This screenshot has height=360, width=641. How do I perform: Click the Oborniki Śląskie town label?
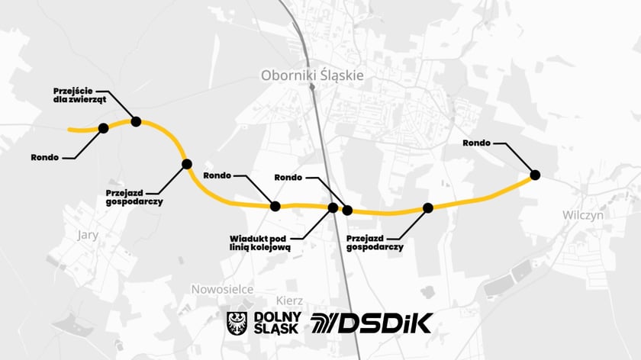click(312, 75)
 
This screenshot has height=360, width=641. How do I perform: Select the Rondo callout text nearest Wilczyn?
click(476, 143)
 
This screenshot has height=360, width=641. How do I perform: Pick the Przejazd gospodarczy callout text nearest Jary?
click(134, 198)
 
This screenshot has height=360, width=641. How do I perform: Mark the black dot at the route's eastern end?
click(535, 175)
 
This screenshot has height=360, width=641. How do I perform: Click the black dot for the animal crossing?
click(136, 121)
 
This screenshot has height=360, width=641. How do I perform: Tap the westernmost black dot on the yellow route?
click(104, 128)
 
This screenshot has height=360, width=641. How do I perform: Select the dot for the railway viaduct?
click(333, 207)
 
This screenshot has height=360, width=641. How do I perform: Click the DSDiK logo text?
click(372, 323)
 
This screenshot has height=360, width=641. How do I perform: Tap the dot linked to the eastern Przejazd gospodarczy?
click(428, 207)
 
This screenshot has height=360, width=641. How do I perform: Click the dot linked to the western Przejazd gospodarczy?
click(186, 163)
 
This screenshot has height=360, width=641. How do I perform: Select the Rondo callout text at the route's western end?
click(44, 157)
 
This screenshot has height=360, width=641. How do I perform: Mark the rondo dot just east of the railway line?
click(347, 210)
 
